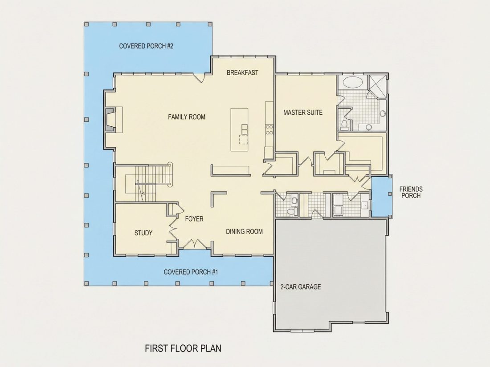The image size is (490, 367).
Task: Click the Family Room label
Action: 187,117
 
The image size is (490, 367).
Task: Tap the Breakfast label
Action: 242,73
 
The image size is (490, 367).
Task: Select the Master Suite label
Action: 303,113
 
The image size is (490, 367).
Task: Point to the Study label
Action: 143,233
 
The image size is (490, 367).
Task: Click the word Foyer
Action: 194,219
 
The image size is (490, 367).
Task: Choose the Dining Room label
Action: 245,232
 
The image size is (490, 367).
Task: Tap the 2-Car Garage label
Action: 301,287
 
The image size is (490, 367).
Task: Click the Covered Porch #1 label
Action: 191,272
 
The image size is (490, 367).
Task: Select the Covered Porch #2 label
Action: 146,46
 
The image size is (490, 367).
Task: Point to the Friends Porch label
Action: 411,192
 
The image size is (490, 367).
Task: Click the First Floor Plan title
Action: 183,348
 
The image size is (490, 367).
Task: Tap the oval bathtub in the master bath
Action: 353,82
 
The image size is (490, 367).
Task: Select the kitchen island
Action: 239,129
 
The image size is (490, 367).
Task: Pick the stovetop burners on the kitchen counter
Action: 269,129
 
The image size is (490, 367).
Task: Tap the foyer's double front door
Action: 194,244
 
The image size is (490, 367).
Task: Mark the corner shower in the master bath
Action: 377,86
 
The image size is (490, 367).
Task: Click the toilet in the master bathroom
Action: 345,125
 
